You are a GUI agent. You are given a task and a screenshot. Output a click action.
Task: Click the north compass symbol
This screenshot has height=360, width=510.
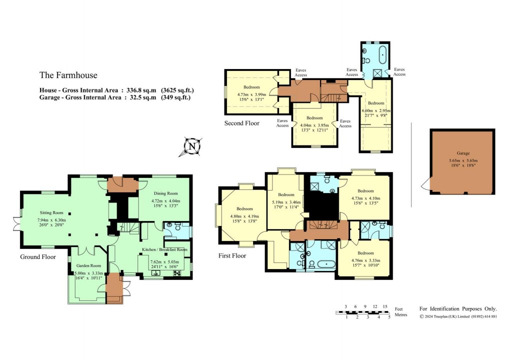pyautogui.click(x=191, y=146)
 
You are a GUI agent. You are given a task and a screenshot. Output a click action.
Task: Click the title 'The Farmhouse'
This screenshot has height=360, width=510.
pyautogui.click(x=68, y=75)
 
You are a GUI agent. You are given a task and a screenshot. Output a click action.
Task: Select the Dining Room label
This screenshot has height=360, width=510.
pyautogui.click(x=164, y=193)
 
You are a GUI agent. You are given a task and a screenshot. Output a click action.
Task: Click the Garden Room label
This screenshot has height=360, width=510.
pyautogui.click(x=88, y=265)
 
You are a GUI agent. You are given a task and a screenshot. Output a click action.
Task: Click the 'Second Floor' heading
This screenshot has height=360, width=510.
pyautogui.click(x=242, y=123)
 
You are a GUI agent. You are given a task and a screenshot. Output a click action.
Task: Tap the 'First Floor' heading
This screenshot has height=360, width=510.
pyautogui.click(x=232, y=255)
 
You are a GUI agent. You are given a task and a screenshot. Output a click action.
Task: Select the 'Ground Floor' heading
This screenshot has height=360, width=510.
pyautogui.click(x=37, y=257)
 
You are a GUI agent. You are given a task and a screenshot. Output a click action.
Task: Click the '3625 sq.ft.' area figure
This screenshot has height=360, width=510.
pyautogui.click(x=177, y=90)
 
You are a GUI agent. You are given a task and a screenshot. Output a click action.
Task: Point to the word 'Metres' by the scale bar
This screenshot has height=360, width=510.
pyautogui.click(x=400, y=315)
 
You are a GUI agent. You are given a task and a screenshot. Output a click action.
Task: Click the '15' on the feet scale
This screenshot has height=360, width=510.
pyautogui.click(x=384, y=306)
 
